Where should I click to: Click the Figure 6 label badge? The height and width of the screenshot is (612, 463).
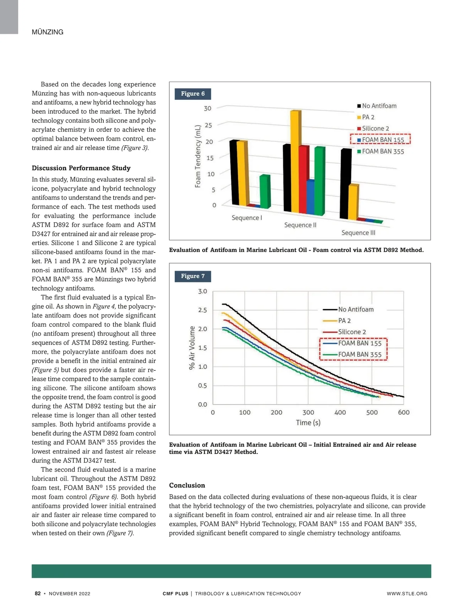coord(193,94)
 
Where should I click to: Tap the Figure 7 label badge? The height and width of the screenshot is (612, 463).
coord(193,276)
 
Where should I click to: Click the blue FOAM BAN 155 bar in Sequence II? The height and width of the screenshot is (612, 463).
coord(310,197)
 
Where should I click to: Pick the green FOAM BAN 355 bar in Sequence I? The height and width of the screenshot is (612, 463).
coord(265,191)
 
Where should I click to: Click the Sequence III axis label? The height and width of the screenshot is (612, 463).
coord(358,233)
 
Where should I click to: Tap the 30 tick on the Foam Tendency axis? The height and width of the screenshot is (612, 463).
coord(208,108)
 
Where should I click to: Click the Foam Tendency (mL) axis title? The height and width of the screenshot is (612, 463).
coord(198,156)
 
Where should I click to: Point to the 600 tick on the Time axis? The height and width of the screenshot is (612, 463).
coord(404,412)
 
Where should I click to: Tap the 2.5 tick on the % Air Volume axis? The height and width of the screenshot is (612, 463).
coord(202,310)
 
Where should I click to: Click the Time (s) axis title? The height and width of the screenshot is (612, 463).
coord(308,423)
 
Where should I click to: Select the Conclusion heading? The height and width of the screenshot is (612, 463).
coord(187,485)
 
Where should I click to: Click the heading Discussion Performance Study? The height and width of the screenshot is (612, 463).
coord(81,168)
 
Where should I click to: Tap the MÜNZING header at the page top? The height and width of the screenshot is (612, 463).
coord(47,32)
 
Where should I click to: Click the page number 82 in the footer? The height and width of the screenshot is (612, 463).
coord(37,594)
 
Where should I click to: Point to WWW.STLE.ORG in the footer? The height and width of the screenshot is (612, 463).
coord(407,594)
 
